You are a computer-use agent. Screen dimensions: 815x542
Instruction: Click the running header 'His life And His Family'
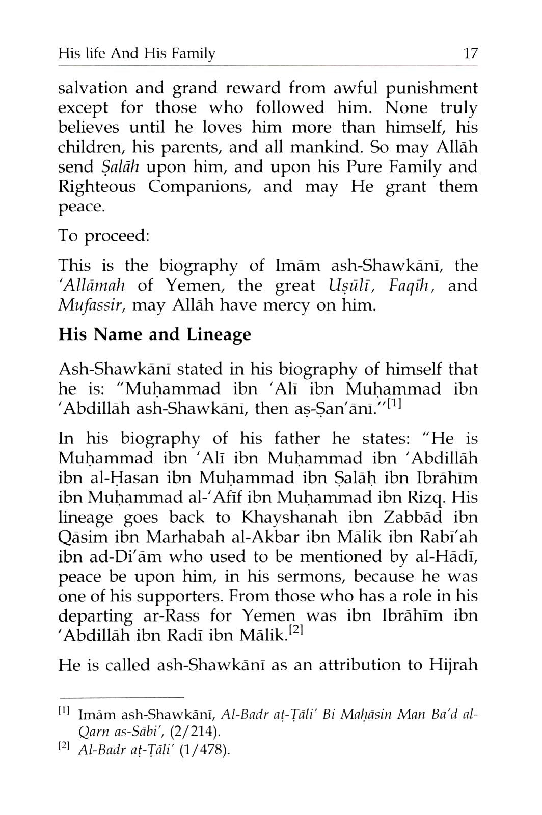137,53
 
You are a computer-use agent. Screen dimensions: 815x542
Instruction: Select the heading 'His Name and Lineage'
155,334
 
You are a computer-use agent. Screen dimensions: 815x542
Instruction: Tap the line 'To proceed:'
104,236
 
